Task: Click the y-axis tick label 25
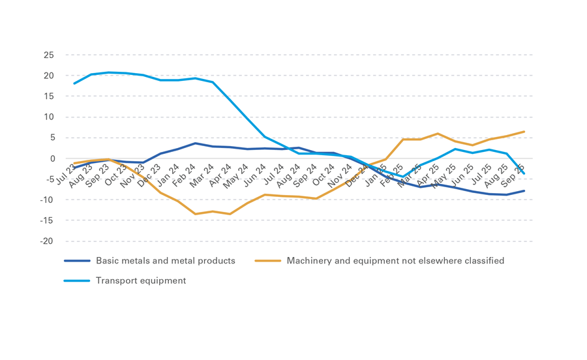pyautogui.click(x=48, y=55)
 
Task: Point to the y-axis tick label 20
pyautogui.click(x=48, y=76)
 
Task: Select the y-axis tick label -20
pyautogui.click(x=46, y=241)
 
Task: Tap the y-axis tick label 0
pyautogui.click(x=50, y=158)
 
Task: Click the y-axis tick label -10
pyautogui.click(x=46, y=200)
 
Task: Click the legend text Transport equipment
pyautogui.click(x=140, y=280)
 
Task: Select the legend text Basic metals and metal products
pyautogui.click(x=165, y=261)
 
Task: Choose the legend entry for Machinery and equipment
pyautogui.click(x=395, y=261)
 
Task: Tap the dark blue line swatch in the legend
pyautogui.click(x=76, y=261)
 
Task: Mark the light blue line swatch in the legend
pyautogui.click(x=76, y=280)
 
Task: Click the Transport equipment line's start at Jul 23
pyautogui.click(x=74, y=83)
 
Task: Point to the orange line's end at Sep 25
pyautogui.click(x=524, y=132)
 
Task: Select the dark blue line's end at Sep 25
pyautogui.click(x=524, y=191)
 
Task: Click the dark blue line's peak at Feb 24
pyautogui.click(x=194, y=143)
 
